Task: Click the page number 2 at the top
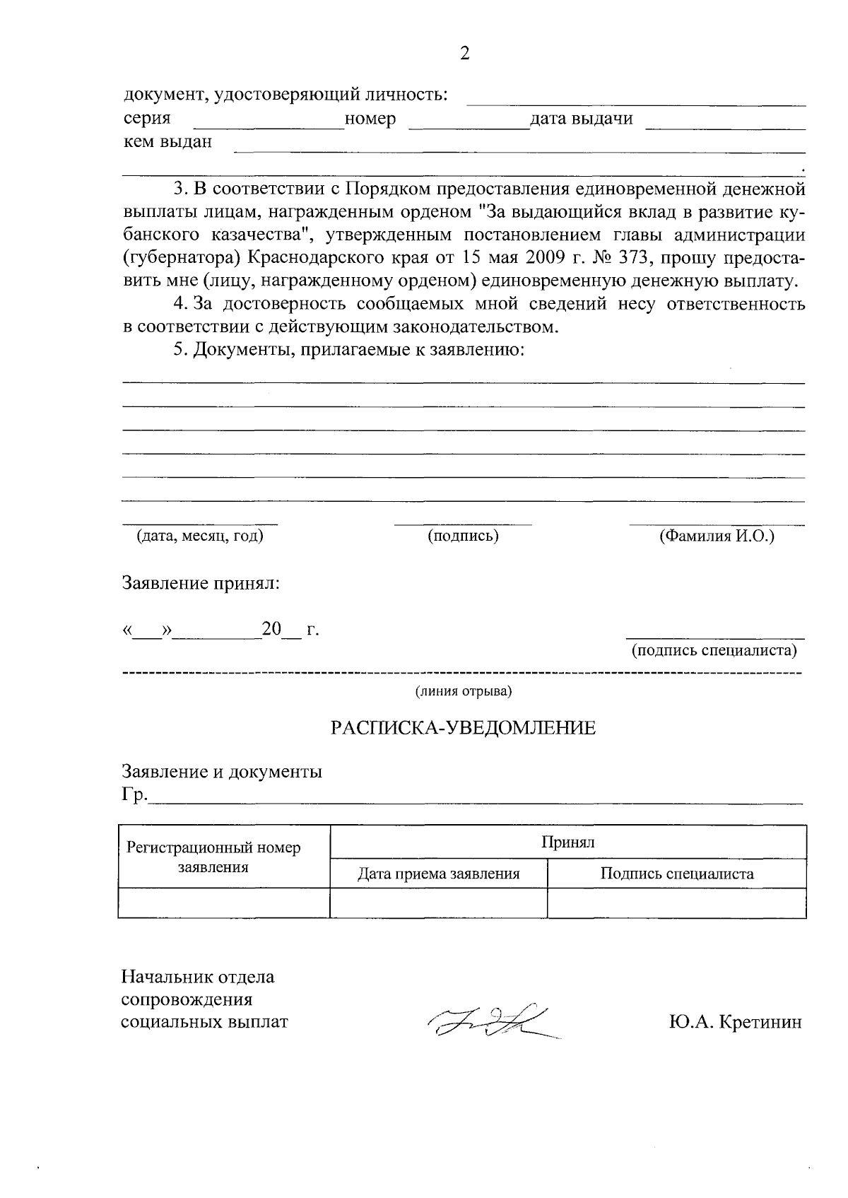[464, 54]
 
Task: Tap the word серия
[147, 119]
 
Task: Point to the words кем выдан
[167, 142]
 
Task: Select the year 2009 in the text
[537, 257]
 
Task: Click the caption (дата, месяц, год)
[199, 536]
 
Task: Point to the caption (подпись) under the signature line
[463, 536]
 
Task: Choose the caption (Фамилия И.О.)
[717, 536]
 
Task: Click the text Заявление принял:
[201, 584]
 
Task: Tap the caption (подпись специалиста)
[714, 650]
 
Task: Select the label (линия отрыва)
[463, 691]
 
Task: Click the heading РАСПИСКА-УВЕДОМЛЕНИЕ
[464, 728]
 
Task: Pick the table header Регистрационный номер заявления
[213, 857]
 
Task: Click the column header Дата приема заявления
[438, 874]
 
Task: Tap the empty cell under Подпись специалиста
[676, 903]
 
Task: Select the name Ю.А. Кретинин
[734, 1022]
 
